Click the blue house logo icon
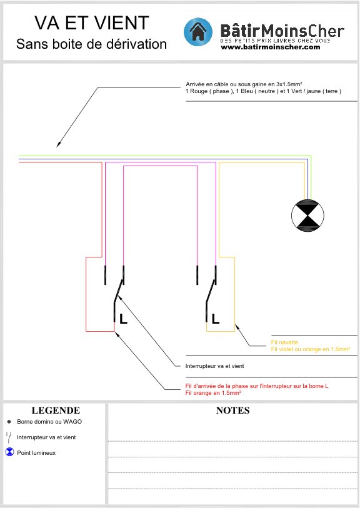[198, 32]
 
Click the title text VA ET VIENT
[92, 22]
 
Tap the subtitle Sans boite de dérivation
[91, 44]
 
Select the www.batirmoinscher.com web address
[271, 47]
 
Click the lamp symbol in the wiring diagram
[307, 215]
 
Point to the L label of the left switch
[123, 319]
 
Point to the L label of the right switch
[216, 319]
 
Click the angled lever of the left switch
[119, 291]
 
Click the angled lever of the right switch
[211, 291]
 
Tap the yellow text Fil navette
[284, 342]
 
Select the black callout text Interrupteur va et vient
[214, 366]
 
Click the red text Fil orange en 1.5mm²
[213, 393]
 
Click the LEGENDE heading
[56, 411]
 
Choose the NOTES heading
[232, 411]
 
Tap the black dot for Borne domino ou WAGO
[9, 422]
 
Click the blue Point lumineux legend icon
[10, 452]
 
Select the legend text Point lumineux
[36, 453]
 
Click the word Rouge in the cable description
[199, 91]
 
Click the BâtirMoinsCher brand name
[282, 31]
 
